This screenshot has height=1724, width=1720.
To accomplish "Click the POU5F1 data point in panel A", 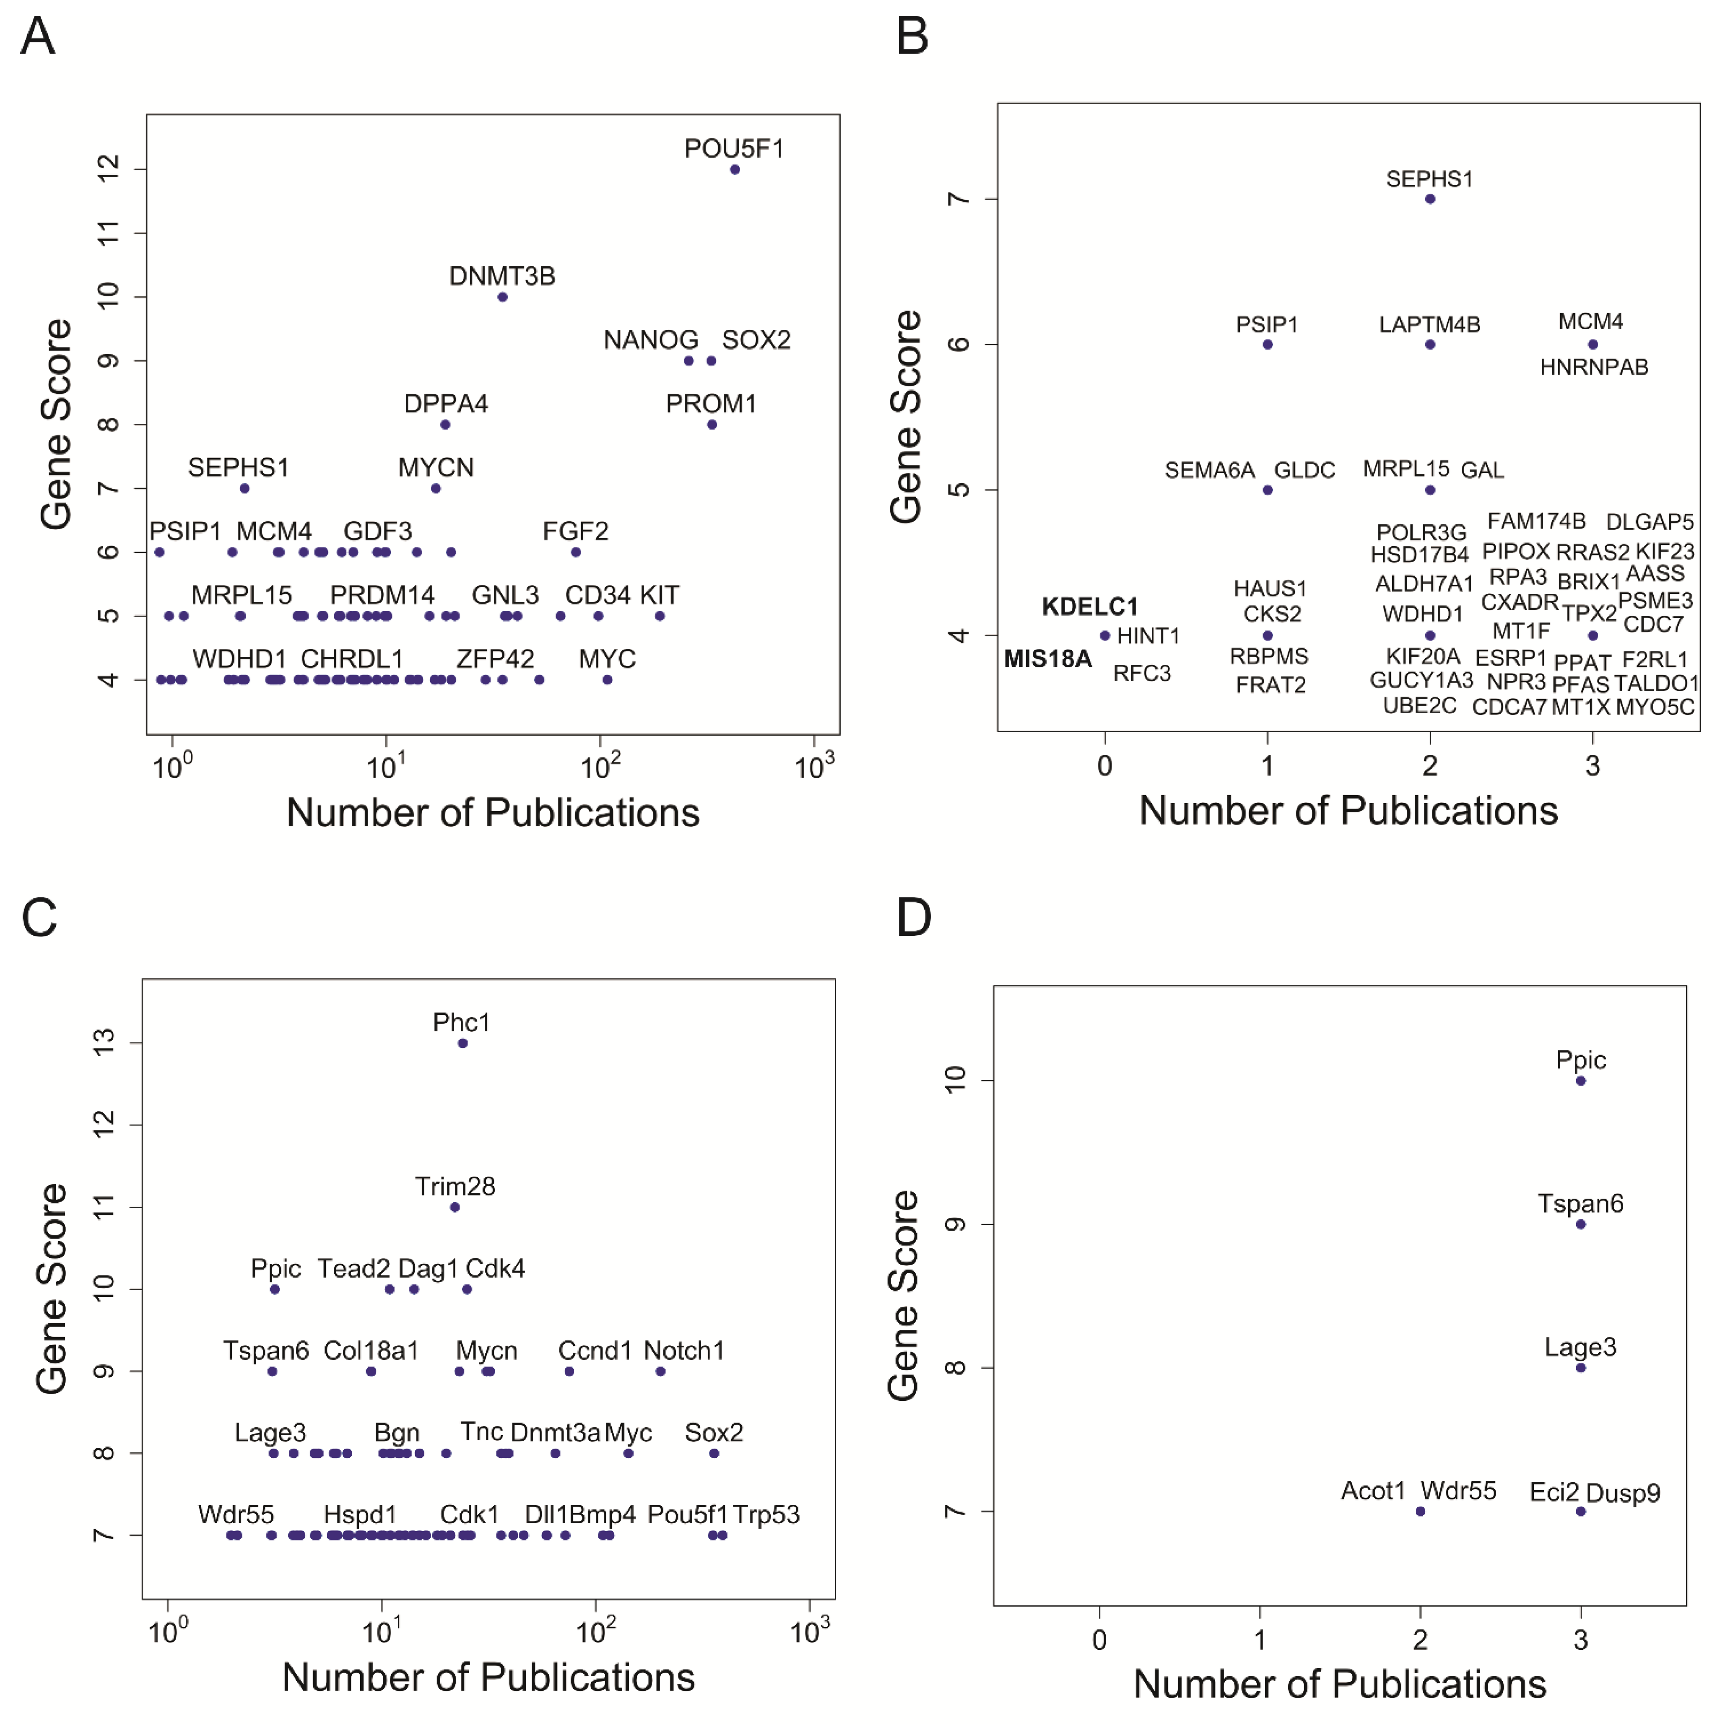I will click(735, 169).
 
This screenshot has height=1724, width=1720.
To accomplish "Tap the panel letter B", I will click(912, 37).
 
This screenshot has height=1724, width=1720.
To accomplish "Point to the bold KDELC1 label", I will click(1090, 607).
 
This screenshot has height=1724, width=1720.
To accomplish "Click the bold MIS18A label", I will click(1048, 659).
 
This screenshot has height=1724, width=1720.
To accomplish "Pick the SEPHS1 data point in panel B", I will click(1430, 199).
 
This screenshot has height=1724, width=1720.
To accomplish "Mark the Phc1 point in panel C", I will click(462, 1043).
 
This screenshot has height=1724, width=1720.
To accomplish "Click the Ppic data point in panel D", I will click(1581, 1081).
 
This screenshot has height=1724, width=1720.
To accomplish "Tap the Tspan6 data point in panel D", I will click(1581, 1224).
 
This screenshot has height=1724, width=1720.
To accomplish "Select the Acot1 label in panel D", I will click(1373, 1490).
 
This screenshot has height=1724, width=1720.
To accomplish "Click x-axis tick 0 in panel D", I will click(1100, 1640).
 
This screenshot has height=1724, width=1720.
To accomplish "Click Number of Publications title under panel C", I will click(488, 1677).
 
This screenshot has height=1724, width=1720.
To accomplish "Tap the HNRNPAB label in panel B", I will click(1594, 367).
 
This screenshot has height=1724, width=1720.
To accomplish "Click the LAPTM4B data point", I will click(1430, 345).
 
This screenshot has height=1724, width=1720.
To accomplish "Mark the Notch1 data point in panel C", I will click(660, 1371).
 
